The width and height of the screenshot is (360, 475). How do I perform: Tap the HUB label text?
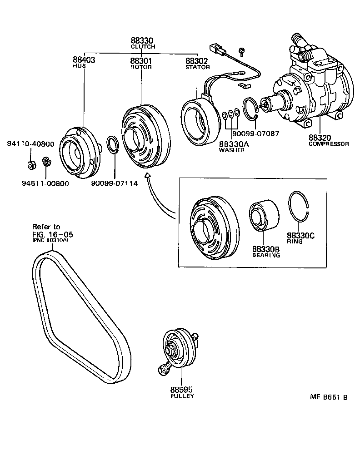78,66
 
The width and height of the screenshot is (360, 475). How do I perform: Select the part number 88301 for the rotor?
140,60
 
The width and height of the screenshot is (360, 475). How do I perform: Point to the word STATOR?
198,67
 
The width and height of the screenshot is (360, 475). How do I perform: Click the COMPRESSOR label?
329,144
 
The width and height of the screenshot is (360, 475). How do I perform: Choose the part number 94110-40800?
30,144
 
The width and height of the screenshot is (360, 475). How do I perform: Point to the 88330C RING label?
300,238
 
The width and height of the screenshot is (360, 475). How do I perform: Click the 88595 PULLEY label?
182,392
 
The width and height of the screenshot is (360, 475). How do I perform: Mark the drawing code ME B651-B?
329,397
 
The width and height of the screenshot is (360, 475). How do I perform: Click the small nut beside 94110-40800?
32,164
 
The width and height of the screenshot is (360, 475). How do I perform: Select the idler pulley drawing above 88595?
179,348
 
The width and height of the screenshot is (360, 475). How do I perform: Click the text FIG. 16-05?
52,234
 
